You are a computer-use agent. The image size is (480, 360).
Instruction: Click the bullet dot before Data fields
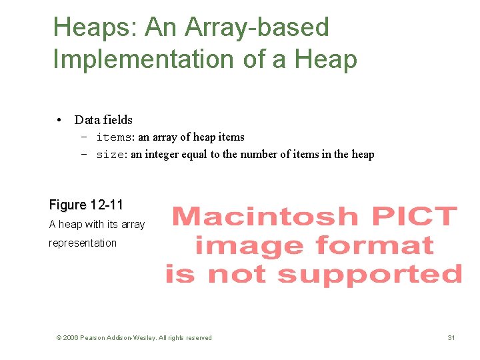(x=60, y=121)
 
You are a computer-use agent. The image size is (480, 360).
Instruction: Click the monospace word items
(x=114, y=137)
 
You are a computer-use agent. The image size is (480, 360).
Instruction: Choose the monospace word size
(x=111, y=155)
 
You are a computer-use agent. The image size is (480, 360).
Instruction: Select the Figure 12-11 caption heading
(x=86, y=205)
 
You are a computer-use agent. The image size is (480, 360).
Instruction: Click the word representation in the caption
(x=83, y=243)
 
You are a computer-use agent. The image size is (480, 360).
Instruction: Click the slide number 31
(x=451, y=338)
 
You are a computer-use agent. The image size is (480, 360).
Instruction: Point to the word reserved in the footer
(x=198, y=338)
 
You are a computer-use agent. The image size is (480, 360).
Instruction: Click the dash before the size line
(x=85, y=155)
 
